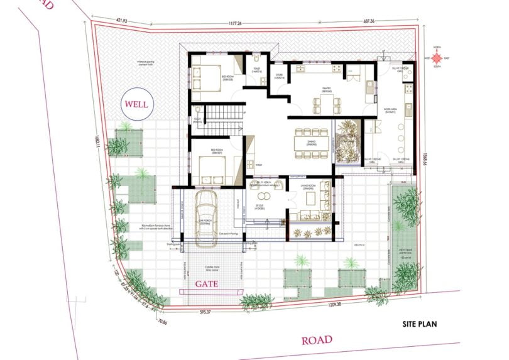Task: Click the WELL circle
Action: tap(137, 104)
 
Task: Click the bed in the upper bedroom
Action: tap(205, 77)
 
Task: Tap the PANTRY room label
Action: tap(326, 90)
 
